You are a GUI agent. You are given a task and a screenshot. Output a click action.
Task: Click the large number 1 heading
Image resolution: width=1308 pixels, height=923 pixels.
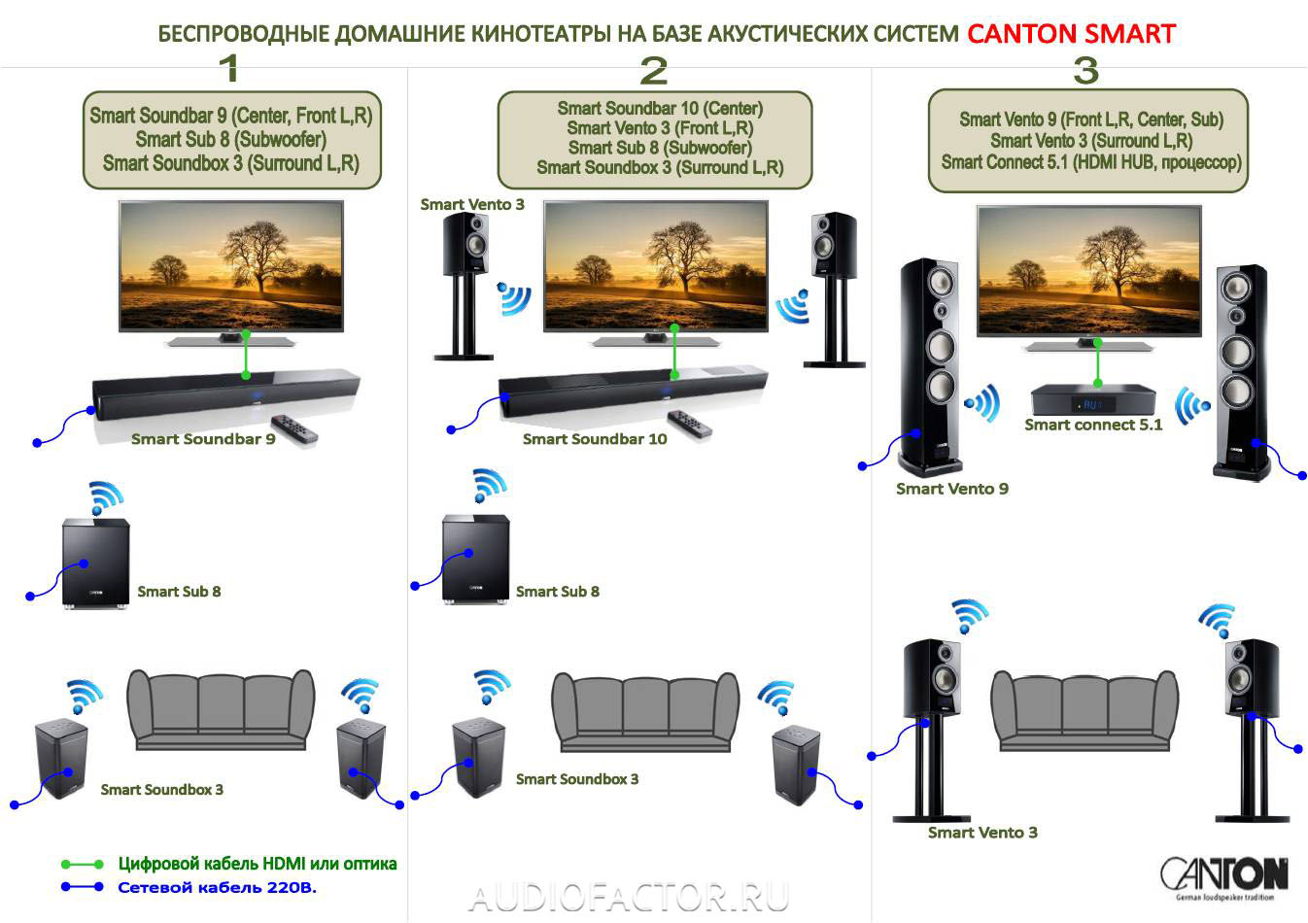(x=228, y=68)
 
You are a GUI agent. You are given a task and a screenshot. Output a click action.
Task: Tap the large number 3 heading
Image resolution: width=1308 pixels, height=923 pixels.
(x=1085, y=70)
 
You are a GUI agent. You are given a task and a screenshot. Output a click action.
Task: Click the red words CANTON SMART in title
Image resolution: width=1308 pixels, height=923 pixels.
(x=1071, y=34)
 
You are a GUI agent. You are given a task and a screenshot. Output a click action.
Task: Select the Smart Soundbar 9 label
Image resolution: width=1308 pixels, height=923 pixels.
(x=203, y=439)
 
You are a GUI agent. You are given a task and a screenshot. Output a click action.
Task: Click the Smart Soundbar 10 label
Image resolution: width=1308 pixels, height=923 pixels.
(x=595, y=439)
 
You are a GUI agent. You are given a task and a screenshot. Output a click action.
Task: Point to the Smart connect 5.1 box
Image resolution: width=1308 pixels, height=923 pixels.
(x=1093, y=399)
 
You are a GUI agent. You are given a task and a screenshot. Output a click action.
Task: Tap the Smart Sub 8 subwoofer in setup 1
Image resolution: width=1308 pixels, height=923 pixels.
(x=95, y=564)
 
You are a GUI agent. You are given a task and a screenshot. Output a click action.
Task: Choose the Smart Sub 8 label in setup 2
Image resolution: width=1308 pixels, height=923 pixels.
(x=557, y=591)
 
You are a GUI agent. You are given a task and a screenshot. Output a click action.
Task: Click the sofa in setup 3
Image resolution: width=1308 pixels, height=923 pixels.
(x=1084, y=711)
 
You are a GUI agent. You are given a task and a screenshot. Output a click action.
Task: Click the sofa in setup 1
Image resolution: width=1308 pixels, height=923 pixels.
(x=221, y=709)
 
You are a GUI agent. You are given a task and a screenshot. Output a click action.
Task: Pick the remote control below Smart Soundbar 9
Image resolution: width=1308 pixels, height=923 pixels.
(x=293, y=428)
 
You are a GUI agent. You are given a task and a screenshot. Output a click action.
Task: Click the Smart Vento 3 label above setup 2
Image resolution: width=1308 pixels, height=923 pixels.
(x=472, y=204)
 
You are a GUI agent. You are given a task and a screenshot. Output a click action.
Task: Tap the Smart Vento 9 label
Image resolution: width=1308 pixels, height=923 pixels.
(x=951, y=489)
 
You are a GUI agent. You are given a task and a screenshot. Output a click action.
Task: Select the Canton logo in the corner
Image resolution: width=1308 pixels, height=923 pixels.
(x=1224, y=877)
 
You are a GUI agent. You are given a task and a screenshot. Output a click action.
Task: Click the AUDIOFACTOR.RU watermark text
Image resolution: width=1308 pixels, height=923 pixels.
(x=629, y=897)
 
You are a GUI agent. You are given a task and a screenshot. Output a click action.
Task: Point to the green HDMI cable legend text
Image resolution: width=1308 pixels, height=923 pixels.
(x=258, y=864)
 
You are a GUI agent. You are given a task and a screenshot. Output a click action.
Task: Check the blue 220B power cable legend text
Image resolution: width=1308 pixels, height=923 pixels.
(x=218, y=887)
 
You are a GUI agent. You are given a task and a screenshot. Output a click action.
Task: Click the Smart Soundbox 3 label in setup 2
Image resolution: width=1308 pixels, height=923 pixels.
(x=577, y=779)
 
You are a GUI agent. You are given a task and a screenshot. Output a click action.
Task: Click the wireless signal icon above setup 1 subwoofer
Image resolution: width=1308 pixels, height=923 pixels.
(x=105, y=497)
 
